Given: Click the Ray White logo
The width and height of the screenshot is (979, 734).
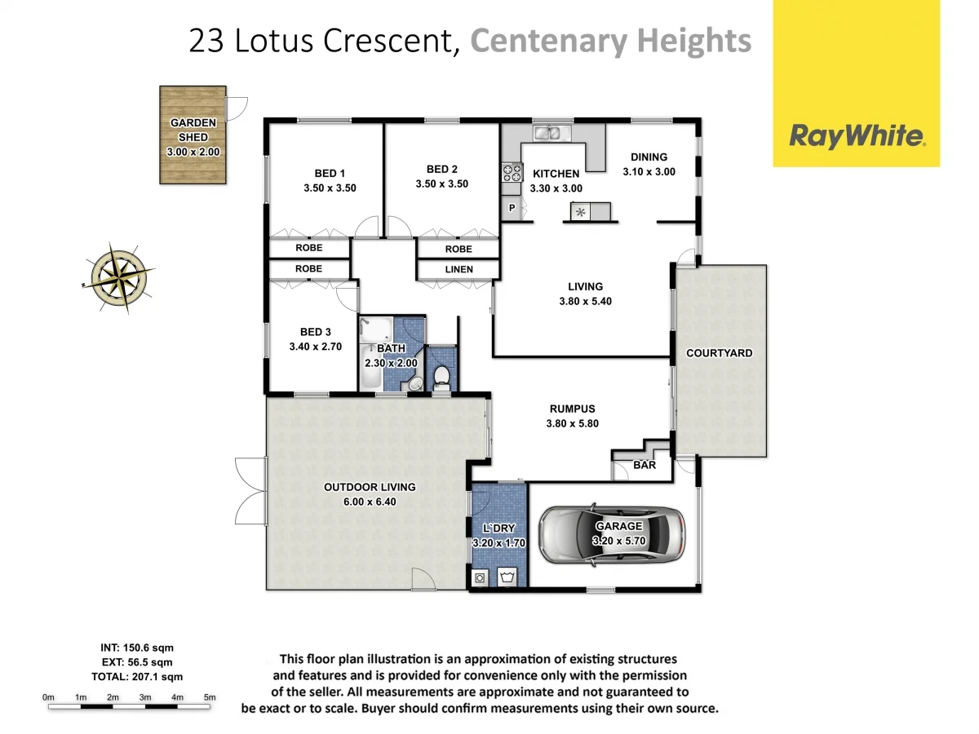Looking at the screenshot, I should click(856, 136).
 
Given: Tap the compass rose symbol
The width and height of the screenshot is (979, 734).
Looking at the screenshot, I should click(120, 277).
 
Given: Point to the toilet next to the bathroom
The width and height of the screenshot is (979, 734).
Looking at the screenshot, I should click(441, 377).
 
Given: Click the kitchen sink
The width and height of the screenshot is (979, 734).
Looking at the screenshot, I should click(547, 132).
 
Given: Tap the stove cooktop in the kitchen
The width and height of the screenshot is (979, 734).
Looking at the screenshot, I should click(512, 172).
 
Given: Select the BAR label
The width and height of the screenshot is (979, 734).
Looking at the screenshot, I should click(645, 465).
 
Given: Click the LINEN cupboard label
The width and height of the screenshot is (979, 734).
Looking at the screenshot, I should click(458, 269).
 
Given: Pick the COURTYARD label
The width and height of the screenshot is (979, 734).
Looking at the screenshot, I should click(719, 353).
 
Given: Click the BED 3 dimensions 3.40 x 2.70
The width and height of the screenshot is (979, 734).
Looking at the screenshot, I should click(315, 346).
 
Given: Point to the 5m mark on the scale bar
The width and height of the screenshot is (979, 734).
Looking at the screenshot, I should click(210, 697).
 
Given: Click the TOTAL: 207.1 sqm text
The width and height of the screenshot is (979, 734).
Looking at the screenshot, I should click(136, 676).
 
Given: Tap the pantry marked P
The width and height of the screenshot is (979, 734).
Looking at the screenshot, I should click(512, 208).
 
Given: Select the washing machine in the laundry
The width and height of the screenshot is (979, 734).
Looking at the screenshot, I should click(481, 577).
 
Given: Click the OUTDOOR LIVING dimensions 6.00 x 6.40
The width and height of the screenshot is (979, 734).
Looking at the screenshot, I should click(370, 502).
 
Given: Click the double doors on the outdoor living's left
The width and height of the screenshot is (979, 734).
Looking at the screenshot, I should click(249, 491).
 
